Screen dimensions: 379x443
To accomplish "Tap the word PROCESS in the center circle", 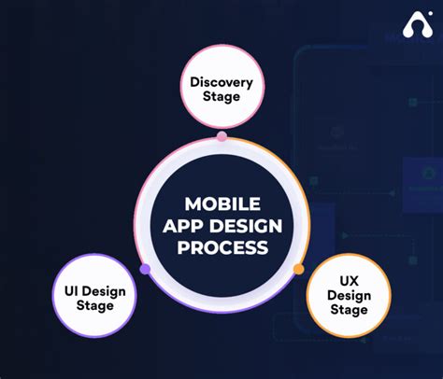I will point(221,247).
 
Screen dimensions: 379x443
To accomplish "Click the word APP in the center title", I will point(181,226).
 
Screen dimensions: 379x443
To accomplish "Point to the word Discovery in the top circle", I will point(221,82).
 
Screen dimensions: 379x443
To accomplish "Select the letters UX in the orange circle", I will point(347,281).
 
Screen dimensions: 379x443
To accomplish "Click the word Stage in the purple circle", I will point(95,306).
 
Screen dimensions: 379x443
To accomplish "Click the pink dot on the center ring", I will point(221,136).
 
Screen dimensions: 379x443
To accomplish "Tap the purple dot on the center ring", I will point(145,269).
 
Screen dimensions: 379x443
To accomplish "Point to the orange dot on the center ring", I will point(298,269).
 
